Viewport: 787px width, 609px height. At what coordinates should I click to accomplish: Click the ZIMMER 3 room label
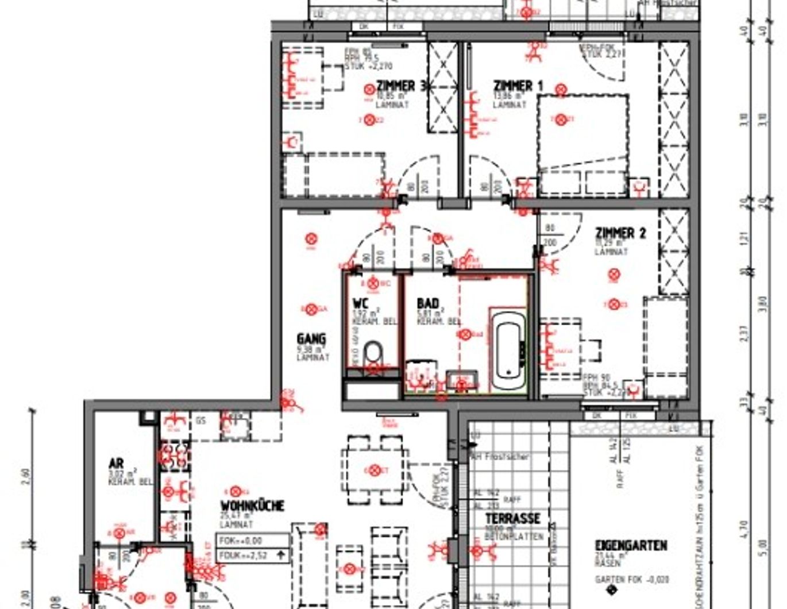pos(401,86)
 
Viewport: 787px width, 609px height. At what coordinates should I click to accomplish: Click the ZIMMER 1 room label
pos(518,86)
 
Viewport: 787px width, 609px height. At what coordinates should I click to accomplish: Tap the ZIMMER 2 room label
pos(620,233)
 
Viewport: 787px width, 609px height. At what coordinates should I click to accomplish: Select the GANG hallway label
pos(311,339)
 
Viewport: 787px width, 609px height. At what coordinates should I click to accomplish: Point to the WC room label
pos(360,303)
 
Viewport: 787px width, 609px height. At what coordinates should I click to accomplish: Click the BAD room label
pos(428,303)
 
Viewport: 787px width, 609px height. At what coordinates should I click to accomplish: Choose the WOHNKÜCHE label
pos(252,506)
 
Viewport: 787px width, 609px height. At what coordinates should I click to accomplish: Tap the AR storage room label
pos(116,463)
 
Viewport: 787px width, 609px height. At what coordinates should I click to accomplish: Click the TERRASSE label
pos(513,518)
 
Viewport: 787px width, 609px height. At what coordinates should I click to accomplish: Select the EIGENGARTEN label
pos(631,545)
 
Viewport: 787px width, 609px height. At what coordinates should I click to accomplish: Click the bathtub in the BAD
pos(509,350)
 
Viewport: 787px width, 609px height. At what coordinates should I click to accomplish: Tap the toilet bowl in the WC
pos(373,352)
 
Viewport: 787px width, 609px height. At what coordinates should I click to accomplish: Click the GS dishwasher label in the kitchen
pos(200,421)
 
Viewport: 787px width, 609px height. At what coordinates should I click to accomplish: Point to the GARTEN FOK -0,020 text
pos(632,580)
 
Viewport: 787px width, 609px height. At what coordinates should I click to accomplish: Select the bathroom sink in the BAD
pos(462,381)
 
